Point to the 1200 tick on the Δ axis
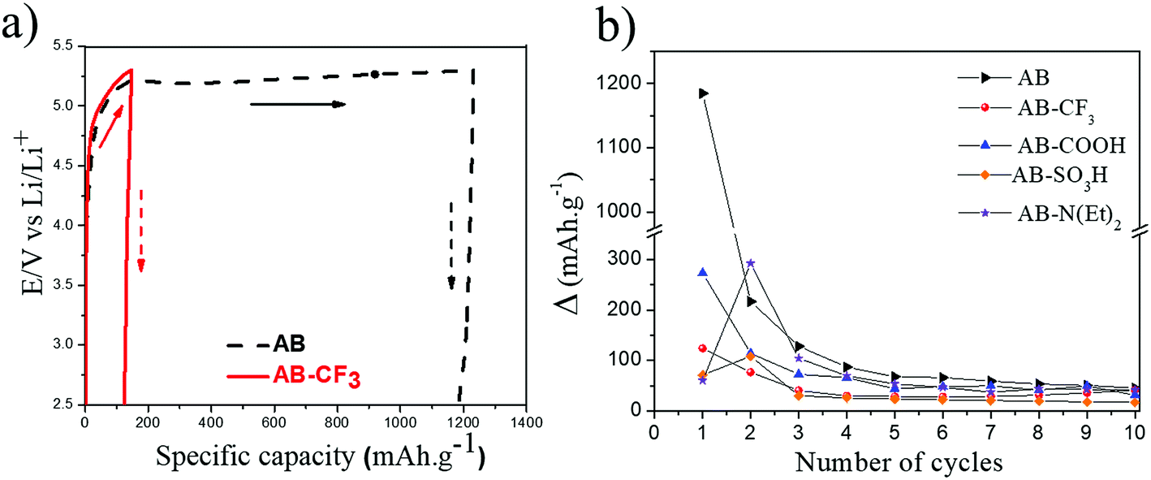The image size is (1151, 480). pyautogui.click(x=624, y=84)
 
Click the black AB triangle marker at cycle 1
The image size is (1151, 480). pyautogui.click(x=703, y=93)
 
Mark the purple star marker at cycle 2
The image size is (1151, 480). pyautogui.click(x=751, y=263)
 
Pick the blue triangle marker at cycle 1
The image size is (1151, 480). pyautogui.click(x=703, y=272)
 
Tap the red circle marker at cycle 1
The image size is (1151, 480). pyautogui.click(x=703, y=348)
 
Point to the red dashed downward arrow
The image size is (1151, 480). pyautogui.click(x=140, y=231)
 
